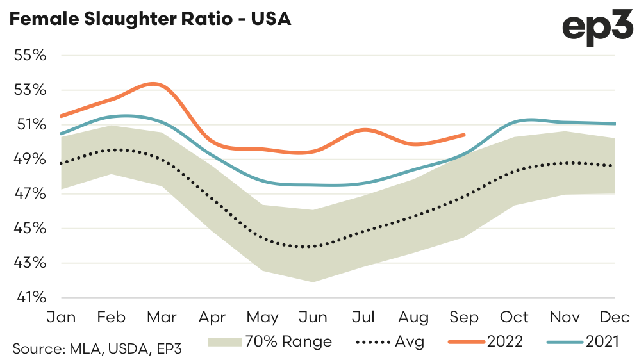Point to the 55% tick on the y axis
pyautogui.click(x=31, y=55)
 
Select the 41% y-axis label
pyautogui.click(x=31, y=298)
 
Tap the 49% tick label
pyautogui.click(x=31, y=159)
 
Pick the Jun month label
pyautogui.click(x=313, y=317)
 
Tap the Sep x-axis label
pyautogui.click(x=464, y=317)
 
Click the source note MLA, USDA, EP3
pyautogui.click(x=97, y=349)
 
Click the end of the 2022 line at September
pyautogui.click(x=464, y=135)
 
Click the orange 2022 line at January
pyautogui.click(x=61, y=116)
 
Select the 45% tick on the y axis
pyautogui.click(x=31, y=229)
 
